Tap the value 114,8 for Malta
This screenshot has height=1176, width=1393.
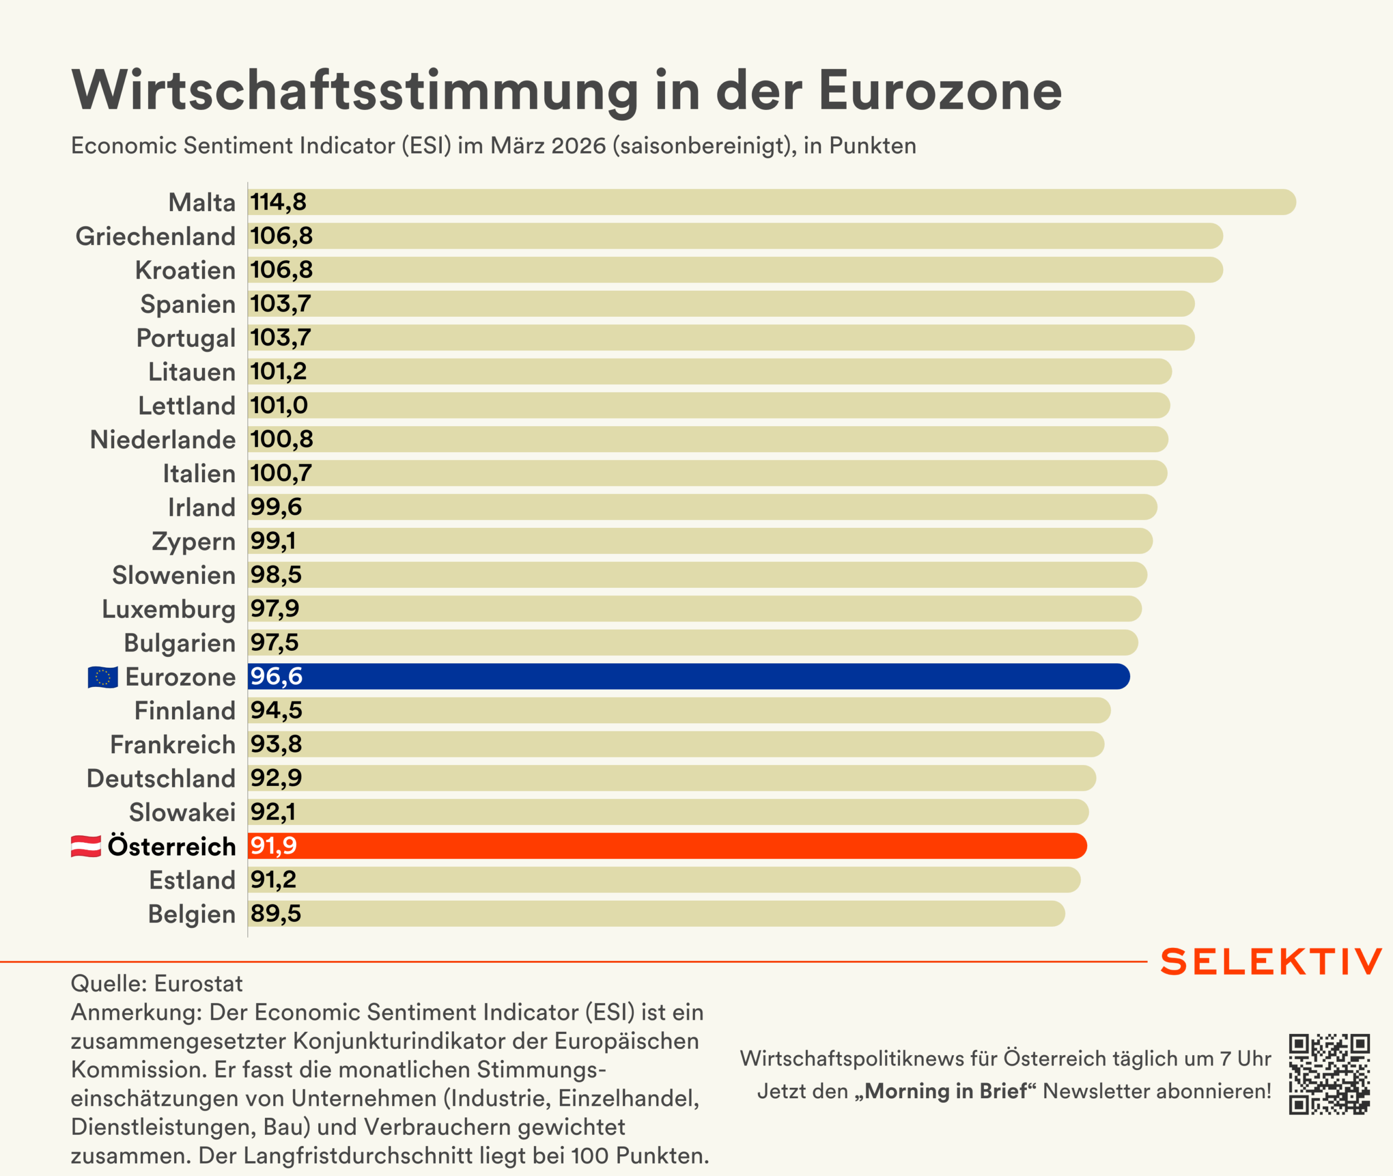click(x=278, y=202)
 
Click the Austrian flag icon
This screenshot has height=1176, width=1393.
click(x=86, y=846)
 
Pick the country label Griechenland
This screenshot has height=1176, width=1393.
click(x=155, y=237)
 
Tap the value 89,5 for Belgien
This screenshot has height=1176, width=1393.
click(x=275, y=913)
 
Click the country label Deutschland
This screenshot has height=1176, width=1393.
click(x=161, y=779)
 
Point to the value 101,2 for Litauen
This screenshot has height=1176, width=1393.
click(x=278, y=371)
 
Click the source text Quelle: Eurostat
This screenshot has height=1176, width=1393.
click(x=157, y=983)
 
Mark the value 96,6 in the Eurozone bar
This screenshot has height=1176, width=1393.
click(x=276, y=676)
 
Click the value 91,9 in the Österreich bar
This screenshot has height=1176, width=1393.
click(x=273, y=845)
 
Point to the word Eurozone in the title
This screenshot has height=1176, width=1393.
click(x=940, y=91)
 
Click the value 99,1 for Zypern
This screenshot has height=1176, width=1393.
click(x=273, y=541)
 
